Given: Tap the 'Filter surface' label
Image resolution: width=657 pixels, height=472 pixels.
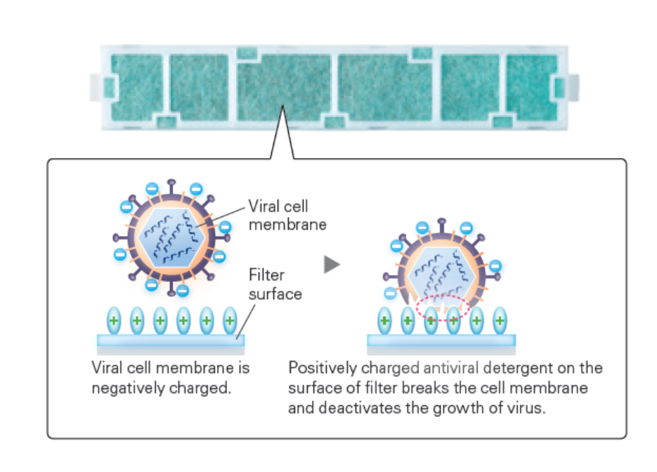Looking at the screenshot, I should click(275, 284).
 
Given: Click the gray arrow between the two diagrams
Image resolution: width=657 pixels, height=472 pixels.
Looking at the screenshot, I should click(332, 265).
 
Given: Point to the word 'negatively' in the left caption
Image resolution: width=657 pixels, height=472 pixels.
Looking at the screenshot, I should click(125, 388).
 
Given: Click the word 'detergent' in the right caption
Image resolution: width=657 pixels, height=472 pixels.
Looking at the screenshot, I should click(516, 368).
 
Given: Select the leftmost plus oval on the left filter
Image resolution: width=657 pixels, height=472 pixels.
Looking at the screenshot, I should click(114, 321).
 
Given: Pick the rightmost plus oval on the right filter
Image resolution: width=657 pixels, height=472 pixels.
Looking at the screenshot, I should click(500, 321).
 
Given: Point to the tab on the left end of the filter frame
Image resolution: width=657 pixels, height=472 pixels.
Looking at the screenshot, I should click(98, 86).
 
